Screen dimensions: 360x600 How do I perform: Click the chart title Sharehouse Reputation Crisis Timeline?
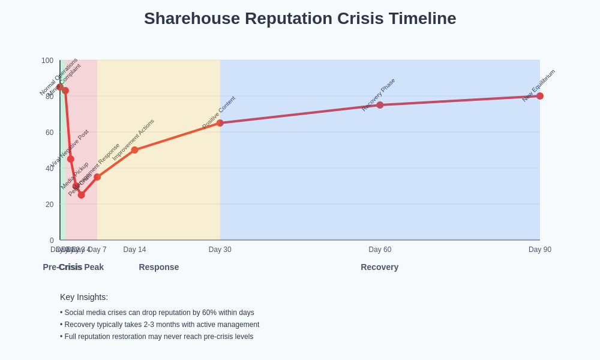click(x=300, y=19)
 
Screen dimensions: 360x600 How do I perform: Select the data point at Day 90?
click(x=540, y=96)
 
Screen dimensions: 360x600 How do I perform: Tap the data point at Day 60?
click(x=380, y=105)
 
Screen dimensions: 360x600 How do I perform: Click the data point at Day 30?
click(x=220, y=123)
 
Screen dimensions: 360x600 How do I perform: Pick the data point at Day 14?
click(x=134, y=150)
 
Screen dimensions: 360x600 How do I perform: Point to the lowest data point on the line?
click(x=82, y=195)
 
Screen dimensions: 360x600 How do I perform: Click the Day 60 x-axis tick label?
click(x=380, y=250)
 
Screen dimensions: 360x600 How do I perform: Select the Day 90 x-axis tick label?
click(x=539, y=250)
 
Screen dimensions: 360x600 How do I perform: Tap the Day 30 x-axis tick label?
click(x=220, y=250)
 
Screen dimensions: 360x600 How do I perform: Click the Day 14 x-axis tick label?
click(x=134, y=250)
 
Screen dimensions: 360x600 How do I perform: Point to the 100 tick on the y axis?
click(x=47, y=61)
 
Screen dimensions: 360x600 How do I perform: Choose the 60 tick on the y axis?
click(x=49, y=133)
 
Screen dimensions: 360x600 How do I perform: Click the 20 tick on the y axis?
click(x=49, y=205)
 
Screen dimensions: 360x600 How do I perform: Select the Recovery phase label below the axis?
click(x=379, y=267)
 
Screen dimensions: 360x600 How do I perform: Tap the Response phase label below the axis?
click(x=159, y=267)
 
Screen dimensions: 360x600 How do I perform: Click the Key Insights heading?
click(x=84, y=297)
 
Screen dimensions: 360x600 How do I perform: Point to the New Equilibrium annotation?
click(x=538, y=86)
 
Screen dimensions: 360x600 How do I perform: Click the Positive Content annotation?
click(x=218, y=112)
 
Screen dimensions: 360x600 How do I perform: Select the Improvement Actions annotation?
click(x=133, y=140)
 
